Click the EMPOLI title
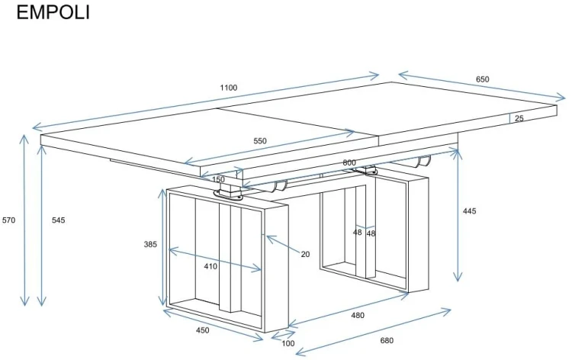click(x=53, y=12)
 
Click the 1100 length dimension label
click(x=229, y=88)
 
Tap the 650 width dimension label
click(x=482, y=79)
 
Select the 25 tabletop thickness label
click(x=519, y=118)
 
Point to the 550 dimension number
click(x=260, y=141)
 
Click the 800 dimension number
click(x=349, y=162)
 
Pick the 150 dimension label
click(x=218, y=179)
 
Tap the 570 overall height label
click(x=8, y=220)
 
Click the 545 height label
click(x=59, y=220)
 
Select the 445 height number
click(x=469, y=211)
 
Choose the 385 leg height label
click(x=150, y=244)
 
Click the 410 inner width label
click(x=210, y=267)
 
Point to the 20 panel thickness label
click(x=305, y=254)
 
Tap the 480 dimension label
click(x=358, y=315)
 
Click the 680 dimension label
click(x=387, y=341)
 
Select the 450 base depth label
click(x=202, y=330)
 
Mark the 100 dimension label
click(x=288, y=343)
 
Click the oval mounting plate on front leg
click(x=228, y=195)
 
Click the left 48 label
click(x=358, y=232)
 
